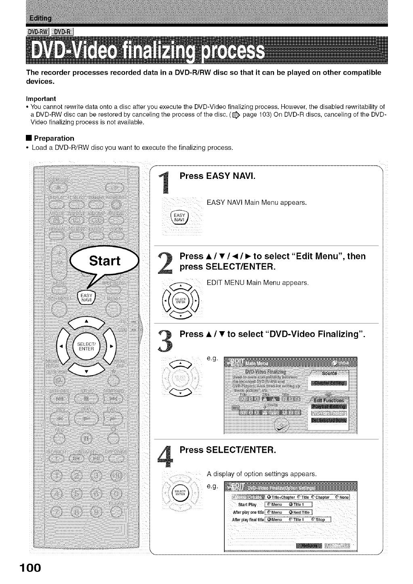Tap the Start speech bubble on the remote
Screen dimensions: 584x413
[x=105, y=261]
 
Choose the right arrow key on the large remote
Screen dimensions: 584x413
[x=111, y=346]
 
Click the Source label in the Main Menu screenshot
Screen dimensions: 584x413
[x=329, y=373]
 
